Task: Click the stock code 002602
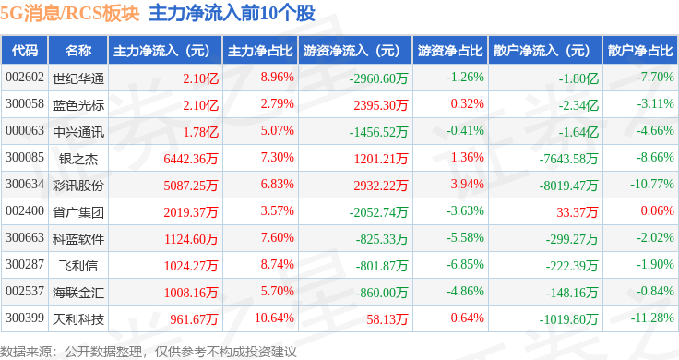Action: [25, 78]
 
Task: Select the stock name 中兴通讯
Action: [78, 132]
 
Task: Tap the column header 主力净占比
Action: [260, 51]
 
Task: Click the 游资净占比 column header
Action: [450, 51]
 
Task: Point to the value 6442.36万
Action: [191, 159]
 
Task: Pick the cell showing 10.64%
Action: [274, 318]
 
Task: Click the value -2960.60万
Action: [379, 78]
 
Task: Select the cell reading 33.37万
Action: [577, 212]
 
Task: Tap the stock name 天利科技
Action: [78, 319]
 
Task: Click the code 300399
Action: [25, 318]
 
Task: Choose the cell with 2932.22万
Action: [381, 186]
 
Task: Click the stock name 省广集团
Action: [78, 212]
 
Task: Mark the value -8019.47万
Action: [568, 186]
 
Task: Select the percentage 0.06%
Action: [658, 211]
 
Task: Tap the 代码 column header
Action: [25, 51]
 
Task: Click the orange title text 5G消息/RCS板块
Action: [70, 14]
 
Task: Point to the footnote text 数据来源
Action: [26, 352]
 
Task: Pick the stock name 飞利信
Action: [78, 266]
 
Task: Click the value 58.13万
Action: [387, 319]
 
